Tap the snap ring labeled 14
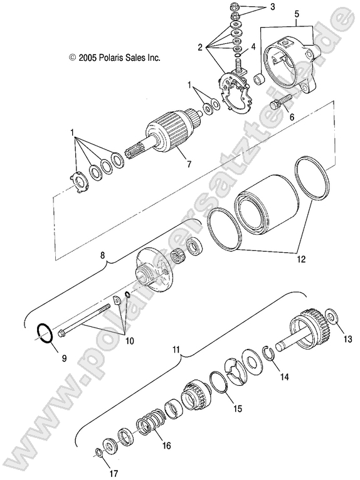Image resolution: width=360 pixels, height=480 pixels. (270, 355)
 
